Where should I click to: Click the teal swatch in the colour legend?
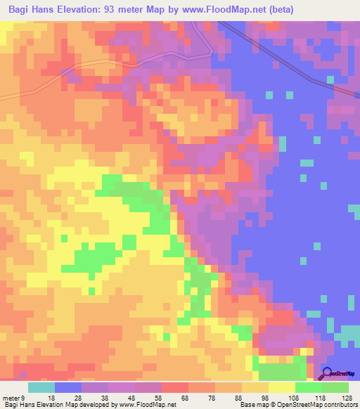tap(41, 388)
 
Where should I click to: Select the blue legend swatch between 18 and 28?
tap(68, 388)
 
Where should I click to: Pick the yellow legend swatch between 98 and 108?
tap(282, 388)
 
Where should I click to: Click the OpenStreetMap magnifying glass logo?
tap(328, 374)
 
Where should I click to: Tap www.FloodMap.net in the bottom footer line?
tap(148, 405)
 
